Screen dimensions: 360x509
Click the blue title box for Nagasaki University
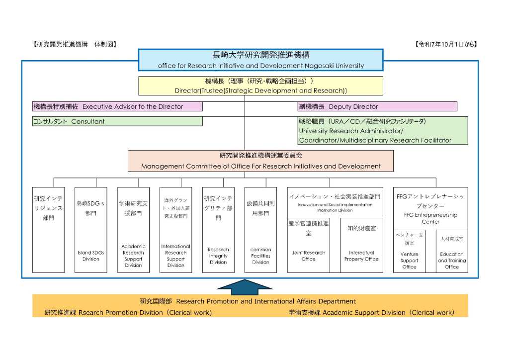click(x=260, y=60)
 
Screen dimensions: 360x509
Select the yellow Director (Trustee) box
click(x=260, y=86)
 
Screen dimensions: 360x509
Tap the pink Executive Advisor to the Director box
click(x=117, y=106)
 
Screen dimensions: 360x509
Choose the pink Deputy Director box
click(x=377, y=106)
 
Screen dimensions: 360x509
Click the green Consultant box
click(x=117, y=121)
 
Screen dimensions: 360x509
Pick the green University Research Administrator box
click(x=383, y=131)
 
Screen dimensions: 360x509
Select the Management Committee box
click(x=260, y=161)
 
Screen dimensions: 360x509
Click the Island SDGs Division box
click(x=90, y=230)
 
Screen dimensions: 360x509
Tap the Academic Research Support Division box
click(x=133, y=230)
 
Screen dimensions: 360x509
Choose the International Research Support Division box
click(x=175, y=230)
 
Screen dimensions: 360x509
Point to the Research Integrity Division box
click(x=218, y=230)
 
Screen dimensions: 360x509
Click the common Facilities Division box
click(x=260, y=230)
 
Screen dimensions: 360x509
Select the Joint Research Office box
click(x=308, y=245)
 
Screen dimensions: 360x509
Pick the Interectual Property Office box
click(x=361, y=245)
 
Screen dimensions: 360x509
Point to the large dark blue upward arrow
click(x=245, y=286)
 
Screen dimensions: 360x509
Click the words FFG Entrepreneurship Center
click(x=430, y=218)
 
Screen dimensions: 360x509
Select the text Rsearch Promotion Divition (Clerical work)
click(x=128, y=313)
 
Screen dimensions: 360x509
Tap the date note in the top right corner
click(x=446, y=44)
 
